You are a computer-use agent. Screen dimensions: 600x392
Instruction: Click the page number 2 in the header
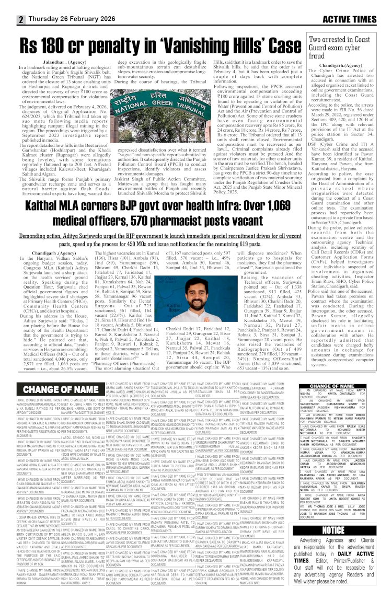click(x=22, y=19)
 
